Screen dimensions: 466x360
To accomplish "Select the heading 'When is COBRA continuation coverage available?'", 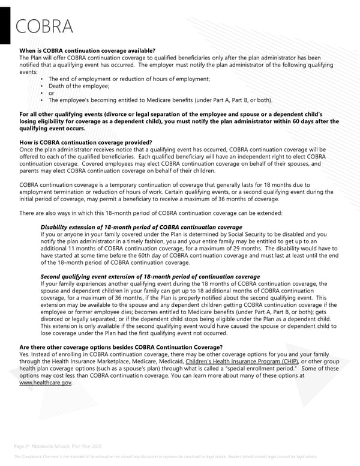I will (x=88, y=50).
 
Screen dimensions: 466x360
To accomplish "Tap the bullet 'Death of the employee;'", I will (x=75, y=86).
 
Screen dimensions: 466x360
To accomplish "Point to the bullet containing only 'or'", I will (x=51, y=93).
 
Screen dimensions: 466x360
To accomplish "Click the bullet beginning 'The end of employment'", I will (x=129, y=79).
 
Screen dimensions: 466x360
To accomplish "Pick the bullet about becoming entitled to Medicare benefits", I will (x=160, y=100).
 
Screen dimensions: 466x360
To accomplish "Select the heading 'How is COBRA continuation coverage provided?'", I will (x=86, y=142).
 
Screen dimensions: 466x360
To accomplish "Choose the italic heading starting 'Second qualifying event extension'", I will (x=149, y=277).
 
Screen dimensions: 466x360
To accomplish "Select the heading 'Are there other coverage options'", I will (x=121, y=347).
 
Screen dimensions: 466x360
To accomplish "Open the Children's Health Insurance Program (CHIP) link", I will (x=250, y=362).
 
